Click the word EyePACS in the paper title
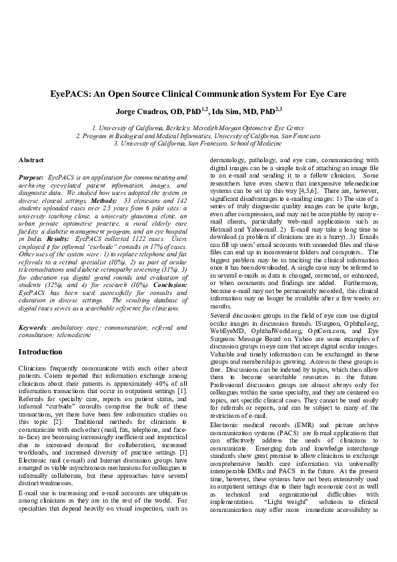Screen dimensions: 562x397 coord(71,94)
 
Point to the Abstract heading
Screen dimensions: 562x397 coord(31,161)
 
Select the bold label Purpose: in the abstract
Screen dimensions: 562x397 coord(31,177)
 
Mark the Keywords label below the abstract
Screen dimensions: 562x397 coord(33,328)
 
